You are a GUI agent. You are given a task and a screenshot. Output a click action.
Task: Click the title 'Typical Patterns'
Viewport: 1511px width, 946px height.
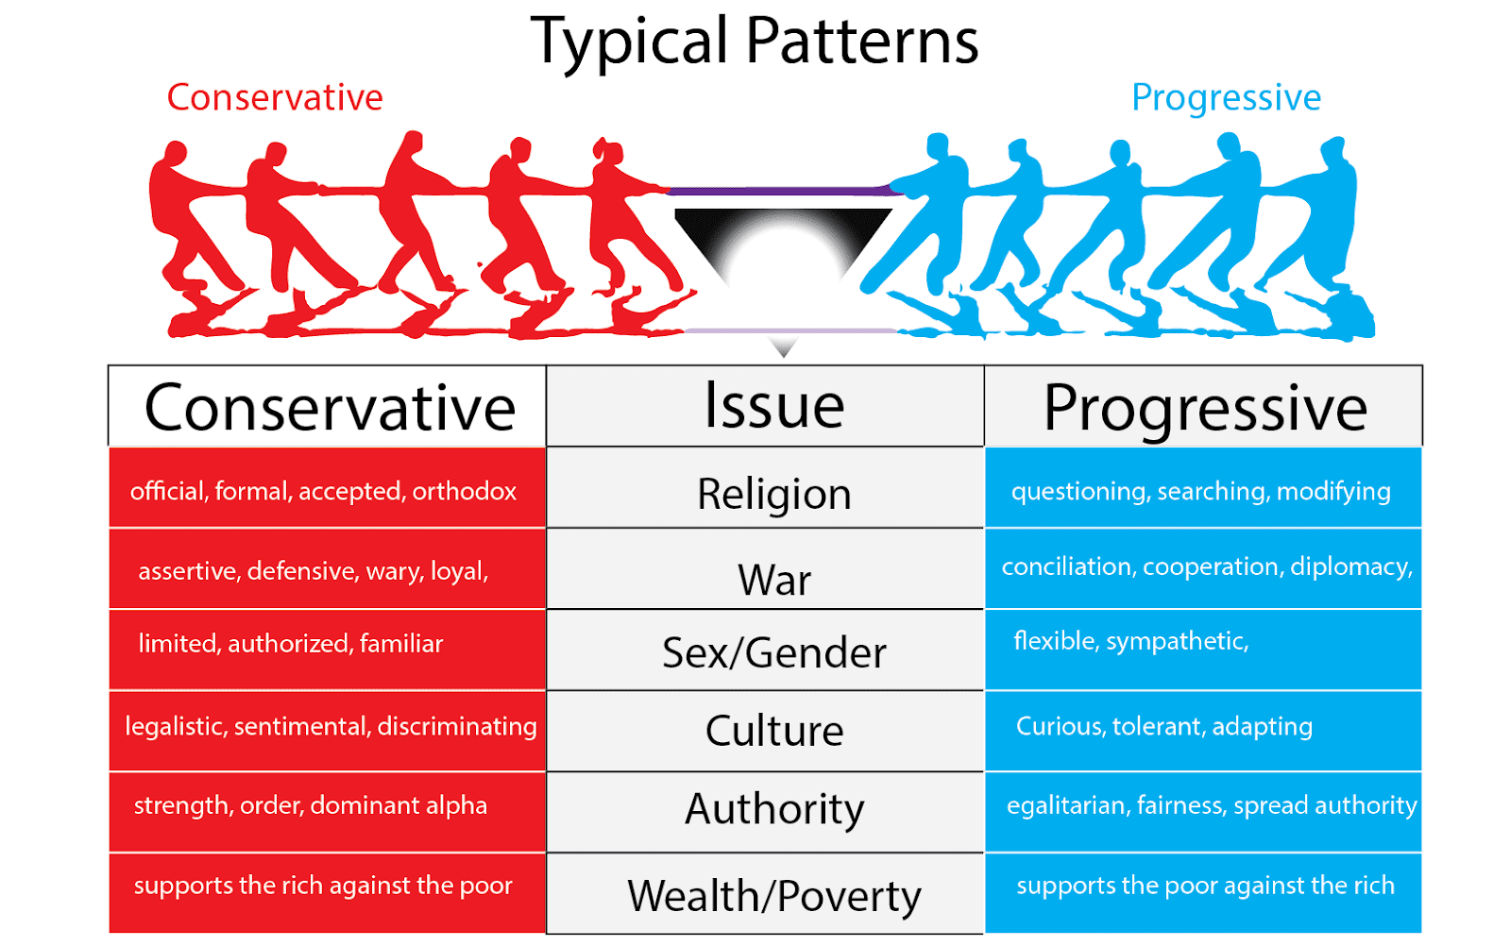755,42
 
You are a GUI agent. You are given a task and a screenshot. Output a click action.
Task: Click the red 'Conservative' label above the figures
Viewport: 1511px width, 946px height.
275,97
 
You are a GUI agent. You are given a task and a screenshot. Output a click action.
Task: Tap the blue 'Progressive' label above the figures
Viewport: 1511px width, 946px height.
1226,97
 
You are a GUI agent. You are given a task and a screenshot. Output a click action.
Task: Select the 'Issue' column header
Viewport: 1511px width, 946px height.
774,406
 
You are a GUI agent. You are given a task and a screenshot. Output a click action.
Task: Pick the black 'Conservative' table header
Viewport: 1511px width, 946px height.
330,408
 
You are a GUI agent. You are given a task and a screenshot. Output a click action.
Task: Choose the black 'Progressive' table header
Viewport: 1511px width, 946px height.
1205,408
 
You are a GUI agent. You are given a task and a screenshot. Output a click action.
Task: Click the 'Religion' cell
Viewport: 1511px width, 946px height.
774,494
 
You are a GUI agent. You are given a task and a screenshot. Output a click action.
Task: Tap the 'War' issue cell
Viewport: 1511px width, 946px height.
774,580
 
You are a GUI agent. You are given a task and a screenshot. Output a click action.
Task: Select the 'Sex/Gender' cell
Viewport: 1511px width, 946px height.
774,652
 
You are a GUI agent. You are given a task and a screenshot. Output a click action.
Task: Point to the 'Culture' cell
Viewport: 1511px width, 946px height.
774,731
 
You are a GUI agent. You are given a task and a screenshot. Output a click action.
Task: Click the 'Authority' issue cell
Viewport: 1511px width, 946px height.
774,809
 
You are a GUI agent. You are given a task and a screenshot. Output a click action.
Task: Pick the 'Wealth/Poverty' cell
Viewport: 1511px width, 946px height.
774,895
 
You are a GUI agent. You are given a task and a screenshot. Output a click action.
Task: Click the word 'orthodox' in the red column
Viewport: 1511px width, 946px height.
465,491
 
